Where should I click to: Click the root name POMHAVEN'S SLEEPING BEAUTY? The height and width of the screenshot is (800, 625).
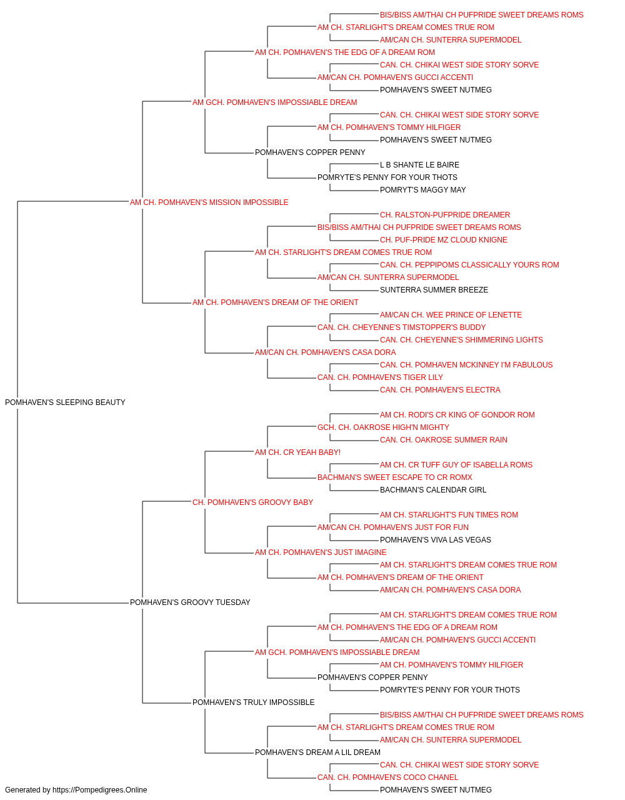(65, 402)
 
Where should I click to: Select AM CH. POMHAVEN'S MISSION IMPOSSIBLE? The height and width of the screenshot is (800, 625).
(209, 202)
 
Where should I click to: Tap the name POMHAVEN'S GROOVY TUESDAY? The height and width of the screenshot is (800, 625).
(190, 602)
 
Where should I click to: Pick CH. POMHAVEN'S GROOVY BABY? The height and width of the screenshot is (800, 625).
(252, 502)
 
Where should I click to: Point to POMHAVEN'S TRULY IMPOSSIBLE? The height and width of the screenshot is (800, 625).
(253, 702)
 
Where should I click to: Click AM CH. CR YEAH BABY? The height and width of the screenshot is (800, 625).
(297, 452)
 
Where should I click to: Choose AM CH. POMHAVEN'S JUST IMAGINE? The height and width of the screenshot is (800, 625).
(321, 552)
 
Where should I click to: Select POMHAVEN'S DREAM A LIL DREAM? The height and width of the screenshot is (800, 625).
(317, 752)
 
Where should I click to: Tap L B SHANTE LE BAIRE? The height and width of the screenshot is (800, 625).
(419, 164)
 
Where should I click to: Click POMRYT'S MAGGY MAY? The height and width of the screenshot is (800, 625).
(422, 189)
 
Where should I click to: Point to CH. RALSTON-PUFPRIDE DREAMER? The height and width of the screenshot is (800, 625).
(444, 214)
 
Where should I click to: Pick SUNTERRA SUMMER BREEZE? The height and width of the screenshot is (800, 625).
(434, 290)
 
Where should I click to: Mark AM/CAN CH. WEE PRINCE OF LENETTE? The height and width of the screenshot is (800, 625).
(451, 315)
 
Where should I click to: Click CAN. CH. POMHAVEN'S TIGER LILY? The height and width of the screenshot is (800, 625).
(380, 377)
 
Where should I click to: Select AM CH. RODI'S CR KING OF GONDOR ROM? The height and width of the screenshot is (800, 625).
(457, 414)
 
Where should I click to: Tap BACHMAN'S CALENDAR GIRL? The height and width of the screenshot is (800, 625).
(433, 489)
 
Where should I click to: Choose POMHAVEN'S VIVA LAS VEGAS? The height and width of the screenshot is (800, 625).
(435, 540)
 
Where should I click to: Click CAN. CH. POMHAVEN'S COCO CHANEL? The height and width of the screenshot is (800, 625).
(387, 777)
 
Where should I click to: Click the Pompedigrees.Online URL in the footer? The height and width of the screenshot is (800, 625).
(99, 790)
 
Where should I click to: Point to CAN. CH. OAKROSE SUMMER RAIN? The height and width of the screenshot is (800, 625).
(443, 439)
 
